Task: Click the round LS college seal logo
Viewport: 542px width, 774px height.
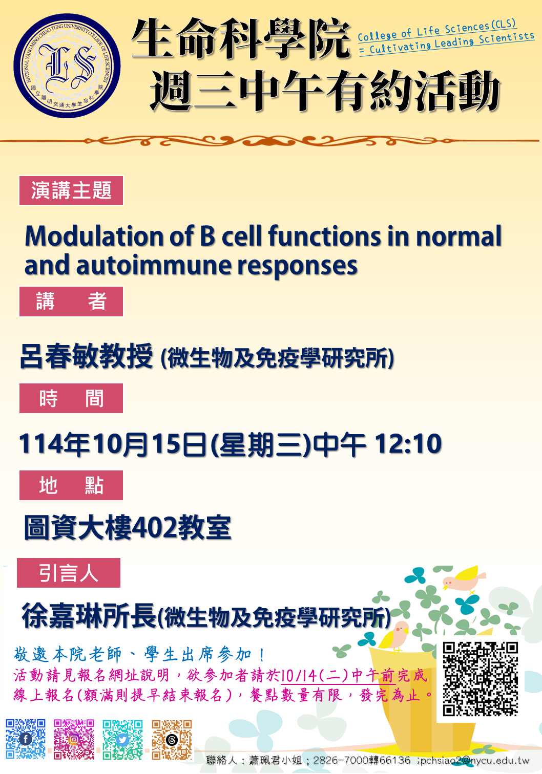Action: coord(67,66)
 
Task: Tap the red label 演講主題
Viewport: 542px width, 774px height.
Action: coord(71,190)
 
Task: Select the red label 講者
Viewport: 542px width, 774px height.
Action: coord(71,302)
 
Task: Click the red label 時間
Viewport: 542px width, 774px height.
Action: coord(71,398)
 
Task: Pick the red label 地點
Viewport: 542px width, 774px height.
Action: coord(71,485)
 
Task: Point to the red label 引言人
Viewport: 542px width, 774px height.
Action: coord(69,573)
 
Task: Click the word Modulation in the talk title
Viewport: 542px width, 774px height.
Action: coord(94,236)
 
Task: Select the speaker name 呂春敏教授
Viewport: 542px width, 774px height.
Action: coord(87,356)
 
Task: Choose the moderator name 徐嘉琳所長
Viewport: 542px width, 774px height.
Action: coord(89,616)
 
